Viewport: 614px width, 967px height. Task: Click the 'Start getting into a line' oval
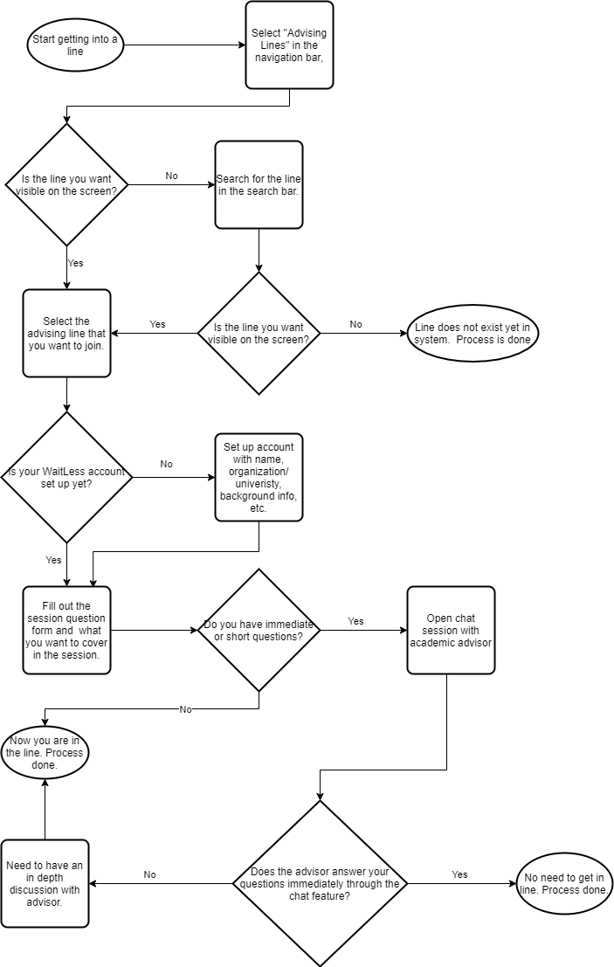pyautogui.click(x=75, y=45)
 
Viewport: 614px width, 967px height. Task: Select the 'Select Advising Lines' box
pyautogui.click(x=290, y=45)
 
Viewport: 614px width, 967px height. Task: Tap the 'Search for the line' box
pyautogui.click(x=259, y=185)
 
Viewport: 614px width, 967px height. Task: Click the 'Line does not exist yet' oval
pyautogui.click(x=473, y=334)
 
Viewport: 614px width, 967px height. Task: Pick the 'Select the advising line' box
pyautogui.click(x=66, y=333)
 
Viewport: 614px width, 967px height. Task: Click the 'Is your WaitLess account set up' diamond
pyautogui.click(x=66, y=477)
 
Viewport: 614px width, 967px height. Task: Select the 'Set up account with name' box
pyautogui.click(x=259, y=477)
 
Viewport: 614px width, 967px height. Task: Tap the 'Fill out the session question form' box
pyautogui.click(x=66, y=631)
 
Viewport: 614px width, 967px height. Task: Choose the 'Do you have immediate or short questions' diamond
pyautogui.click(x=259, y=631)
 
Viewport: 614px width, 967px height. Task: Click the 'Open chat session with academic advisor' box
pyautogui.click(x=451, y=631)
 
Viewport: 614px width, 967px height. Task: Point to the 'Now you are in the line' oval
pyautogui.click(x=45, y=752)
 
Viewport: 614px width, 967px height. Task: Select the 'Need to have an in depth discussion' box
pyautogui.click(x=45, y=884)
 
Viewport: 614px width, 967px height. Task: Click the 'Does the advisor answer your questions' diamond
pyautogui.click(x=320, y=884)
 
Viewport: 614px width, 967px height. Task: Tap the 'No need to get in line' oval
pyautogui.click(x=564, y=884)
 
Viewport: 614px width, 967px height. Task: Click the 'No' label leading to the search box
pyautogui.click(x=171, y=176)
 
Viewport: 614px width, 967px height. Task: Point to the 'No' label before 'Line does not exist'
pyautogui.click(x=355, y=324)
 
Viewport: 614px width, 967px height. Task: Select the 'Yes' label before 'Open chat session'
pyautogui.click(x=355, y=621)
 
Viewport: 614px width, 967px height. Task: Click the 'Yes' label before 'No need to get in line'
pyautogui.click(x=460, y=874)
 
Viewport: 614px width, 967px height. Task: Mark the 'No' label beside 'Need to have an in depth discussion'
pyautogui.click(x=150, y=874)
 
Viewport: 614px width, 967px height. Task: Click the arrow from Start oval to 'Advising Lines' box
pyautogui.click(x=185, y=45)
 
